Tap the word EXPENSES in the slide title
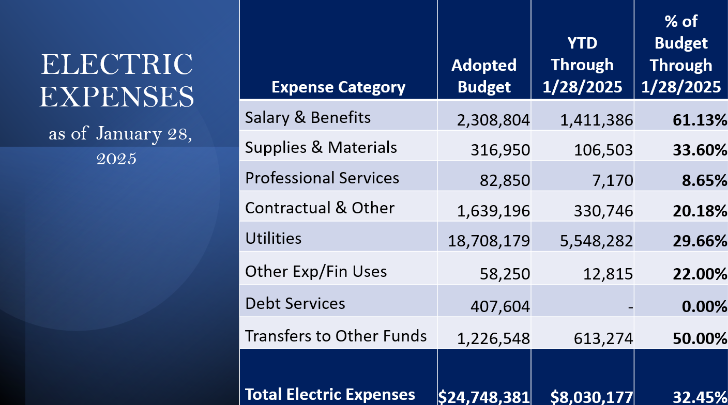point(116,97)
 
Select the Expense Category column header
point(338,87)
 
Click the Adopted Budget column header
point(484,76)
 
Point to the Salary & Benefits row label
point(308,118)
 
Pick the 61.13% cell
point(700,120)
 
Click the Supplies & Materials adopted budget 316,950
point(500,150)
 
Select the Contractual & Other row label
point(320,208)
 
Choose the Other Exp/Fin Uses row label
point(316,271)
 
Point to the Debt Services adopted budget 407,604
point(500,307)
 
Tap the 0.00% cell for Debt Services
point(705,307)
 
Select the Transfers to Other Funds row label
point(336,336)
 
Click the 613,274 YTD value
point(603,339)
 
